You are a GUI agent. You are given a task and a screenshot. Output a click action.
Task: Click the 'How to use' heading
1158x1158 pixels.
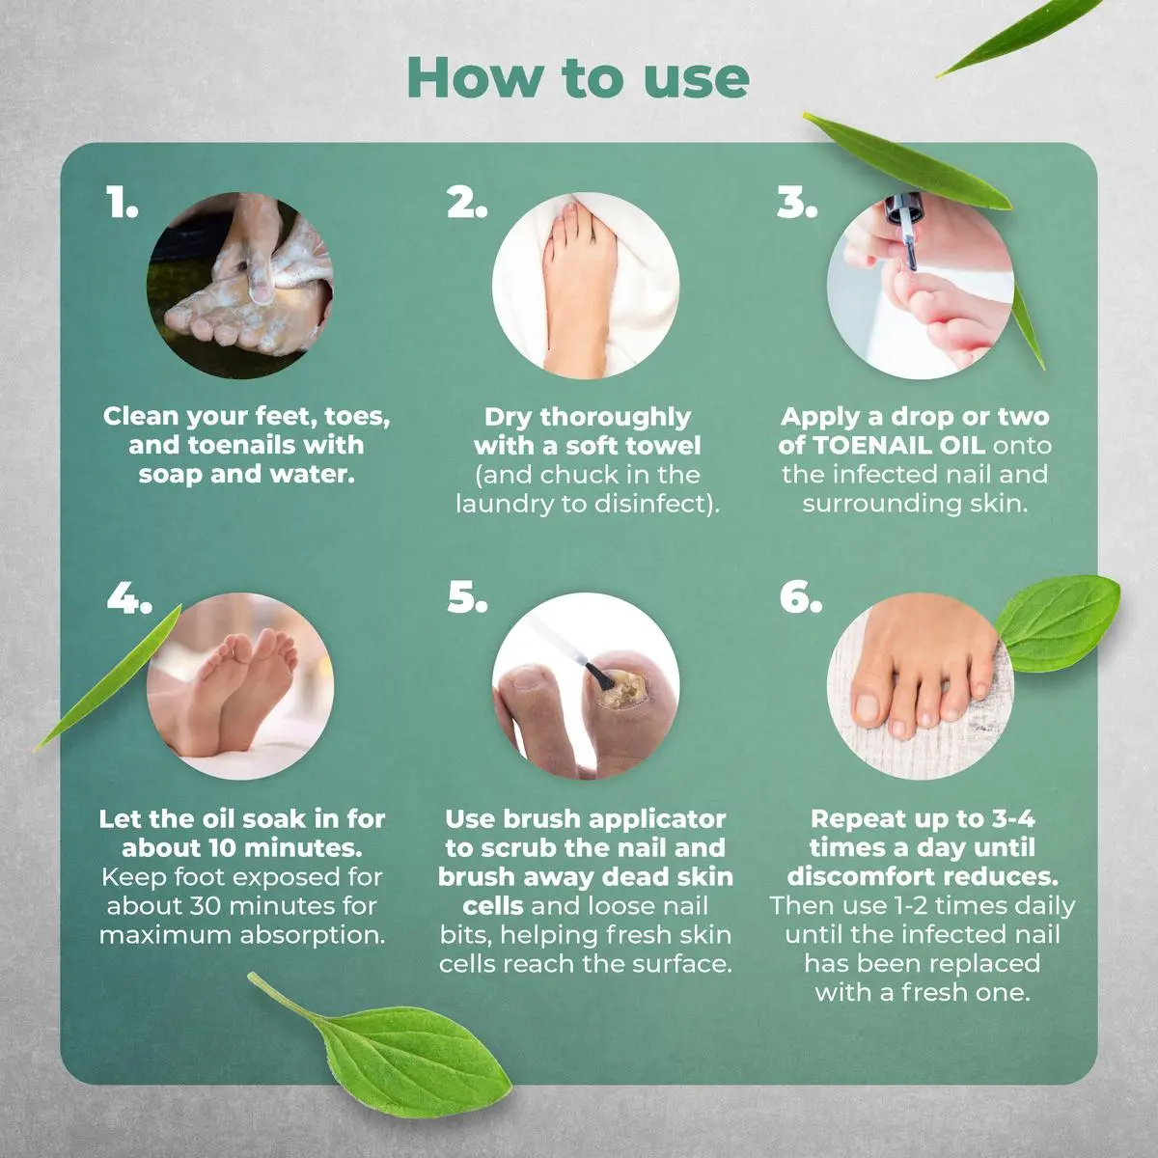click(x=578, y=79)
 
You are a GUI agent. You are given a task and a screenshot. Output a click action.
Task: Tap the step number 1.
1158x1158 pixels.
click(x=122, y=202)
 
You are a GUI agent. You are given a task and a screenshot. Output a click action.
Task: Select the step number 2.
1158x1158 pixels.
click(x=467, y=202)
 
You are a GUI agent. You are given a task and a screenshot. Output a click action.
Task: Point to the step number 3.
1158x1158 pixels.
click(x=797, y=202)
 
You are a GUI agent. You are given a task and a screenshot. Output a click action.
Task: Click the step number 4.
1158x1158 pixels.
click(x=129, y=598)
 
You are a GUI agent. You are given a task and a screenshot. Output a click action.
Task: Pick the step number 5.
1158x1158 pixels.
click(x=467, y=598)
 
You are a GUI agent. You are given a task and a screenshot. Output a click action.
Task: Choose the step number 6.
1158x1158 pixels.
click(x=800, y=598)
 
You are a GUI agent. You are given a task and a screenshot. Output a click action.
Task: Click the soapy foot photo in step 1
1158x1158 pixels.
click(x=239, y=286)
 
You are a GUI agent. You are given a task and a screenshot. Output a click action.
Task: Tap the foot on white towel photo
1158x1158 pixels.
click(x=586, y=286)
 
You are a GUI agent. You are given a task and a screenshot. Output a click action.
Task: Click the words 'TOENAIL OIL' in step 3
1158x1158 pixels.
click(x=898, y=445)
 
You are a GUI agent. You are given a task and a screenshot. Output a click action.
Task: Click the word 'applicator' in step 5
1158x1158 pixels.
click(x=657, y=820)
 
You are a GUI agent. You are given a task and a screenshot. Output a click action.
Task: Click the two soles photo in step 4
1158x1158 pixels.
click(x=239, y=686)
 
